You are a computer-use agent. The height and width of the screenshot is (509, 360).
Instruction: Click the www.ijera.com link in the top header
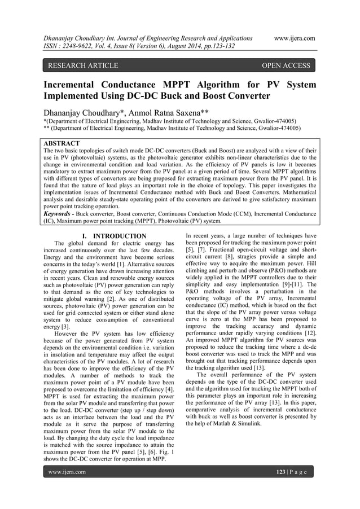tap(294, 38)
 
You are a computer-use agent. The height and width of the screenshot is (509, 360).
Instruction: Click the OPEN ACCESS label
tap(286, 65)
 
